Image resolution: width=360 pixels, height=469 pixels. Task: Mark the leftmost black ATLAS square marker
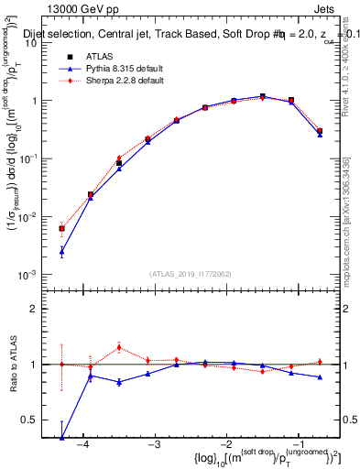(x=61, y=228)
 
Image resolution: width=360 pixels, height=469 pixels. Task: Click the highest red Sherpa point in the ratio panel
(x=119, y=347)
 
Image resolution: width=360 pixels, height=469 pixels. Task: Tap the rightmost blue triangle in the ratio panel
(x=320, y=377)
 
